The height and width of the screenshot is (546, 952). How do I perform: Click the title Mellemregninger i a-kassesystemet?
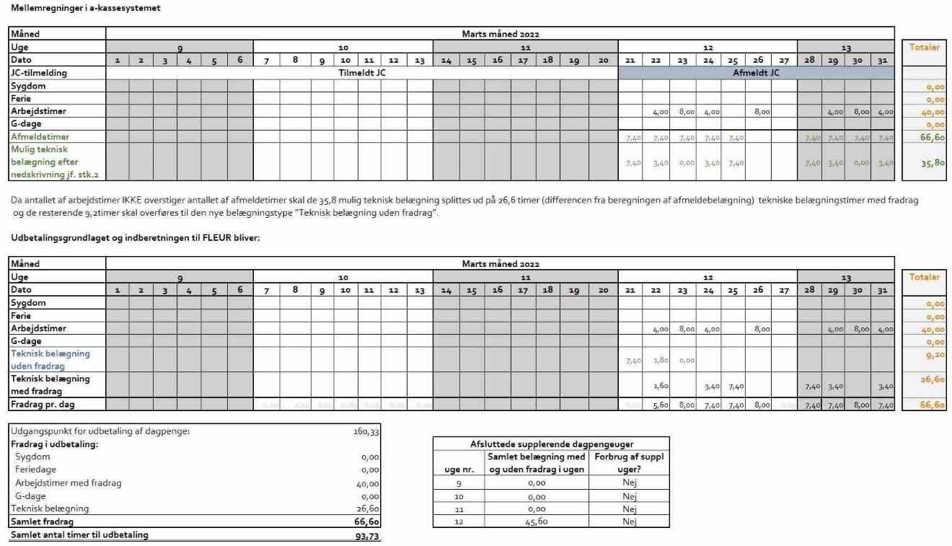tap(86, 8)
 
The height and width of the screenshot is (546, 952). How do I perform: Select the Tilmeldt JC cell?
tap(361, 73)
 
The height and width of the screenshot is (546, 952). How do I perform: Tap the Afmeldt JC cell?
tap(756, 73)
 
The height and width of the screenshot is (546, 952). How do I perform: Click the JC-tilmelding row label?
tap(39, 73)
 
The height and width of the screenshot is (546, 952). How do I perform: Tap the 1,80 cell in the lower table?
tap(658, 360)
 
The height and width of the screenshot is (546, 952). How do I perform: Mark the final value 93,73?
tap(366, 535)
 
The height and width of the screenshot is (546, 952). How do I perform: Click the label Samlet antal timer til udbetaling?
tap(79, 534)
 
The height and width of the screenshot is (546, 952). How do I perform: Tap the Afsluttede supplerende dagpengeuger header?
tap(551, 444)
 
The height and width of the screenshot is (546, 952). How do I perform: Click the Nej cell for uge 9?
tap(629, 483)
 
